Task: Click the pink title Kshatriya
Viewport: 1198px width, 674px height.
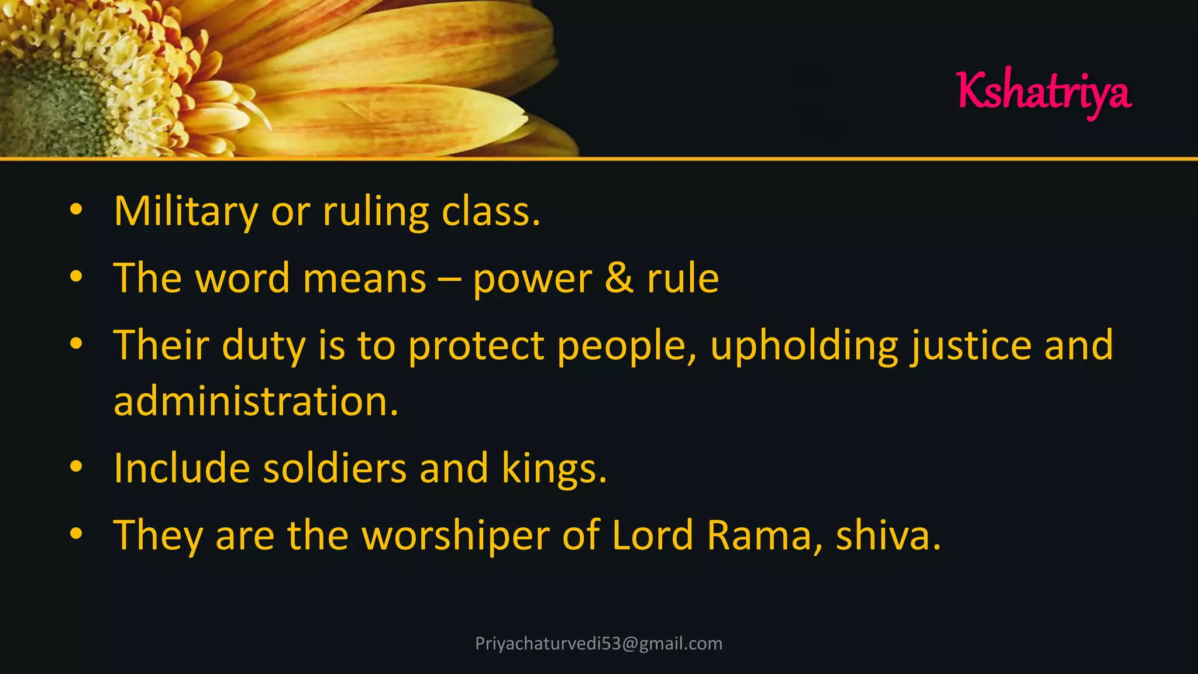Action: [1044, 92]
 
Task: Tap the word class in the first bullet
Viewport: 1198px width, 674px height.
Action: [490, 212]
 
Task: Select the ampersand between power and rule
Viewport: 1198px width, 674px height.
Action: [619, 278]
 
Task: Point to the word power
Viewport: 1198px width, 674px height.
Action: [532, 280]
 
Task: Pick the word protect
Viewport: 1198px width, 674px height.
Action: [476, 346]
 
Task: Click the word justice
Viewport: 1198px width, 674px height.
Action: [971, 346]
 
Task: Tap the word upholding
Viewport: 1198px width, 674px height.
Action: [804, 346]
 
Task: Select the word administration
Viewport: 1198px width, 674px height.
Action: [256, 402]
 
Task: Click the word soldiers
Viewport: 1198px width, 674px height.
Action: [335, 469]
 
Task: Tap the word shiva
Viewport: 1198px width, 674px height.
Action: [887, 536]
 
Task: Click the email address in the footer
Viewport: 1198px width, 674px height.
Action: [599, 644]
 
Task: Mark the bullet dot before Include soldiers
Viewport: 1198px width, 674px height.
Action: [76, 467]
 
